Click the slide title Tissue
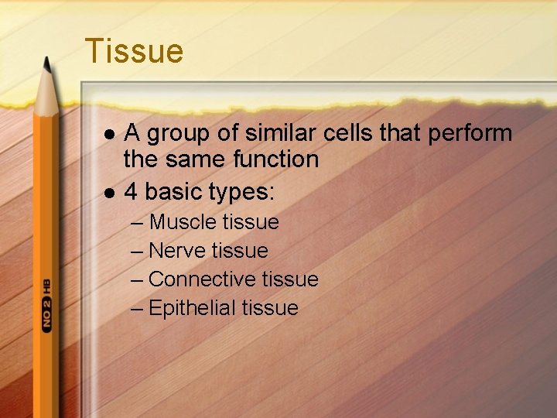coord(134,51)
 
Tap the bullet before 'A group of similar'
coord(108,134)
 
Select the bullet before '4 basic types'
coord(108,191)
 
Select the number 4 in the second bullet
coord(132,190)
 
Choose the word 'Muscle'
coord(183,222)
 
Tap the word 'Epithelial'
coord(192,308)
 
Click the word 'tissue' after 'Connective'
coord(290,279)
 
